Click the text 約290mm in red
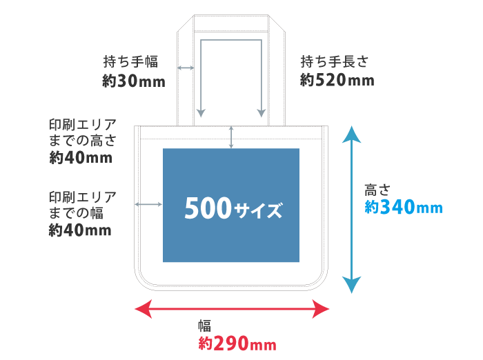coord(237,343)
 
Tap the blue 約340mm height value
coord(403,207)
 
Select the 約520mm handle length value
coord(337,80)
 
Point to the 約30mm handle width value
coord(134,81)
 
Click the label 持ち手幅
coord(130,61)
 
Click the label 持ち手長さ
coord(334,61)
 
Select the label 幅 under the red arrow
coord(204,325)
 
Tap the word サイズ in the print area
coord(258,210)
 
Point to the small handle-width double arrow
coord(185,68)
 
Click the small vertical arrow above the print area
coord(231,137)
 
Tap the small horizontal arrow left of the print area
coord(149,204)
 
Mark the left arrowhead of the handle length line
coord(201,112)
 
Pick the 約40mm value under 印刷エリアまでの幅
coord(80,230)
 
